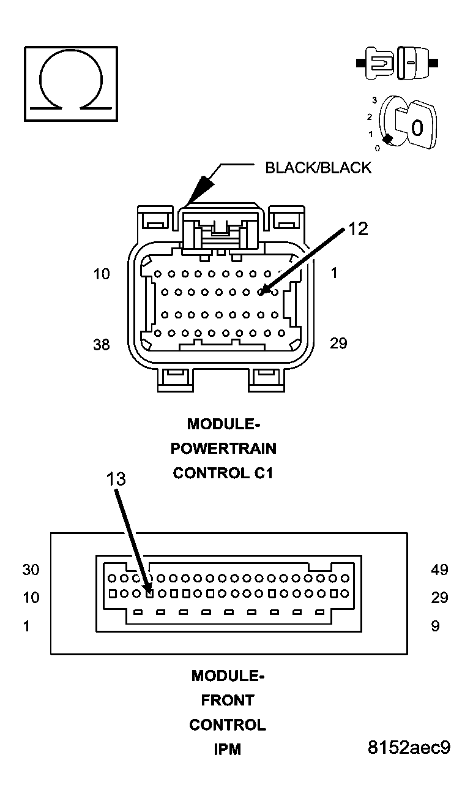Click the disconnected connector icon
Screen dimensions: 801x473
point(398,62)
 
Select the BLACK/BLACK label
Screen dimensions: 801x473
point(318,168)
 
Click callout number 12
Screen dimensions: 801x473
point(359,228)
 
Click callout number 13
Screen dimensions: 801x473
point(116,478)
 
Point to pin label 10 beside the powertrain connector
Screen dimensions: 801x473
point(102,274)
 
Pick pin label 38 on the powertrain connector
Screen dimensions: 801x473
point(102,345)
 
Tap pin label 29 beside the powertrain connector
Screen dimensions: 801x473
point(338,343)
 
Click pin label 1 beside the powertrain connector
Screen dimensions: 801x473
point(334,273)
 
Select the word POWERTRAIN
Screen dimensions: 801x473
point(223,448)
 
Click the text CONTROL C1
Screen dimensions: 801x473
point(223,473)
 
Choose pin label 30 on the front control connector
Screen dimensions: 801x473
point(31,570)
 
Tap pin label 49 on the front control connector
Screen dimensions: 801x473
point(439,570)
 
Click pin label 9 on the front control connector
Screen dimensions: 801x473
point(435,626)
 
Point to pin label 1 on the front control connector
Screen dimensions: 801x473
point(26,626)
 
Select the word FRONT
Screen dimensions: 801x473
point(228,700)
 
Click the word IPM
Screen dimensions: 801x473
point(227,749)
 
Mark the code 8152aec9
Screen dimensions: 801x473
point(409,748)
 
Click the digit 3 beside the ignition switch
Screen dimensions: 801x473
point(374,99)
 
